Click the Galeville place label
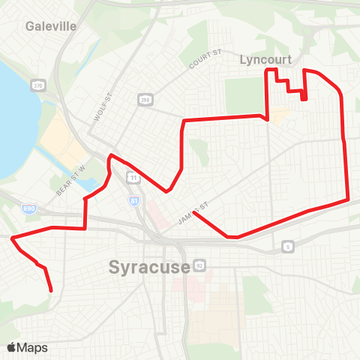coord(51,26)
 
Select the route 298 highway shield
coord(144,99)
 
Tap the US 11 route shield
coord(133,178)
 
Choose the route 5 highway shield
coord(288,246)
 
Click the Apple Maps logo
coord(26,347)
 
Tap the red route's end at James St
coord(194,213)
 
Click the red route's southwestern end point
coord(51,290)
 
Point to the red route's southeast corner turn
coord(348,199)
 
